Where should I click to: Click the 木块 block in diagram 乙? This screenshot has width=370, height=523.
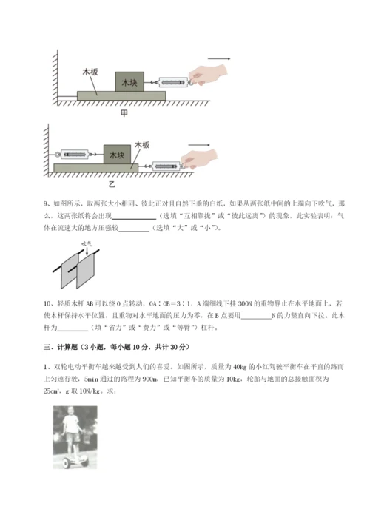pos(115,155)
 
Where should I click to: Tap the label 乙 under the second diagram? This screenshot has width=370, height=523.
pos(112,183)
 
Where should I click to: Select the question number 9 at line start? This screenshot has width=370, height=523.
pos(47,202)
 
